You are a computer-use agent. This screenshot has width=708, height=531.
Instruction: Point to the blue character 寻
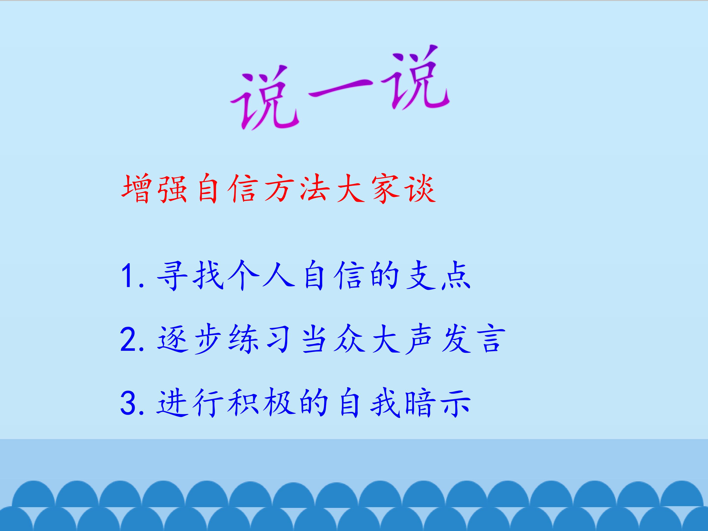(x=172, y=275)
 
